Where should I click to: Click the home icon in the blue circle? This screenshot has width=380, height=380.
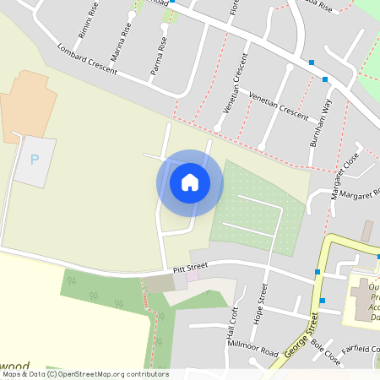pos(190,182)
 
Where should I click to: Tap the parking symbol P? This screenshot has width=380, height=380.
pos(35,160)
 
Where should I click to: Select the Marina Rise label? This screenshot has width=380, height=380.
pos(126,39)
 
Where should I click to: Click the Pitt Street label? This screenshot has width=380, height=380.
pos(190,268)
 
